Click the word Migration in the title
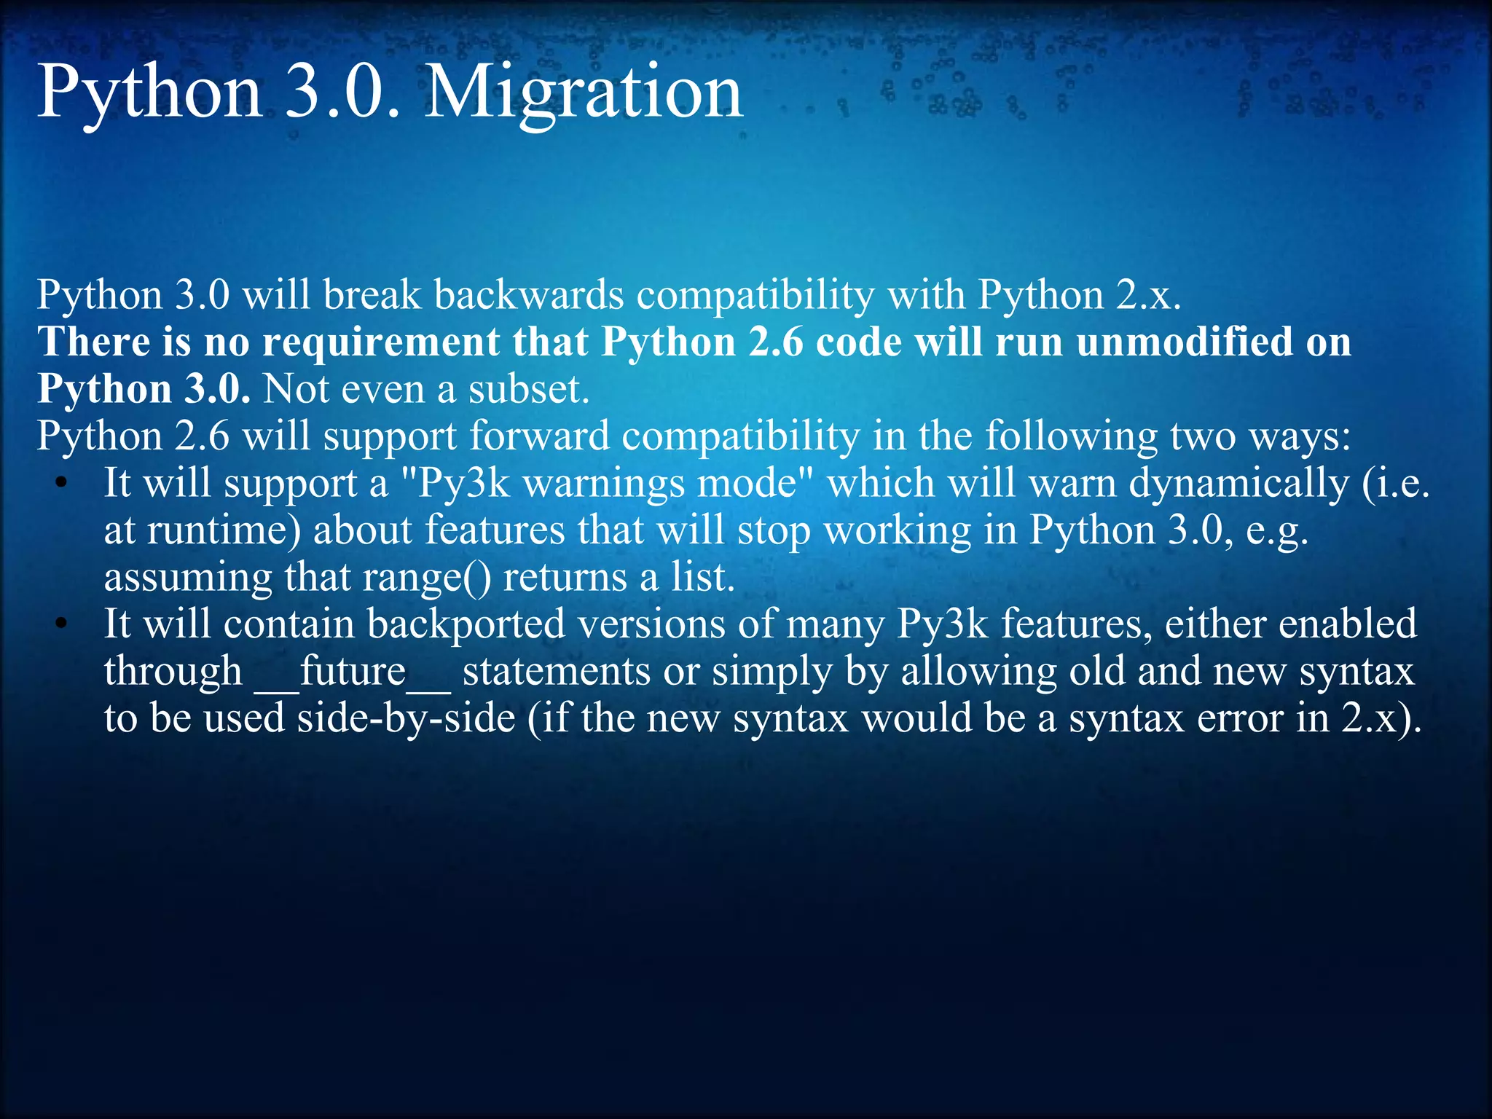[x=583, y=93]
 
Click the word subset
[x=528, y=389]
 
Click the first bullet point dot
[x=62, y=483]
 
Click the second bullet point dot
[x=62, y=624]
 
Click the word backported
[x=466, y=624]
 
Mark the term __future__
[x=353, y=671]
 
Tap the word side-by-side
[x=407, y=718]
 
